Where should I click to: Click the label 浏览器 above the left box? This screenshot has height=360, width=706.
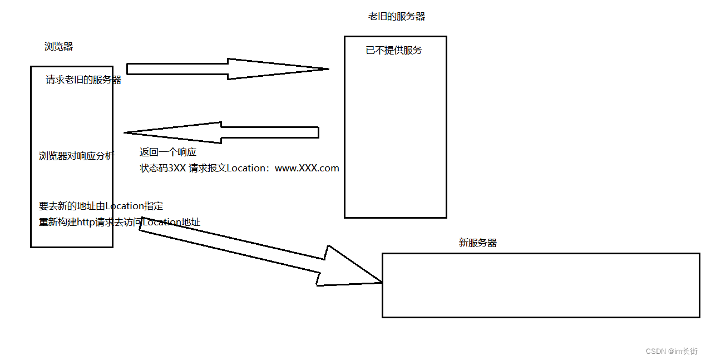pos(58,47)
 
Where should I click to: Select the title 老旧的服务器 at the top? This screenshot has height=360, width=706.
pos(396,17)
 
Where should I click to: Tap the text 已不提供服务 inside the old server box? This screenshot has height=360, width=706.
pos(394,51)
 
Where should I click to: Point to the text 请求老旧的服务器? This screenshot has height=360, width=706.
pos(83,80)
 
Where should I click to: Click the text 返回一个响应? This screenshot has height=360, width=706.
pos(167,152)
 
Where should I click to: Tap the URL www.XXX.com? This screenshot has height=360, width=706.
pos(307,168)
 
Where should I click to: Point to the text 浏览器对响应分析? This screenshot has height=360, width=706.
pos(76,156)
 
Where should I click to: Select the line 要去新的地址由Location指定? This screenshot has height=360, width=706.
pos(101,206)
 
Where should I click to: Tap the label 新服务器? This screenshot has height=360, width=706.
pos(477,243)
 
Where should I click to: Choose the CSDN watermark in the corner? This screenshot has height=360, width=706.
pos(671,351)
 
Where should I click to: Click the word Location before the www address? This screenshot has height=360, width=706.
pos(247,168)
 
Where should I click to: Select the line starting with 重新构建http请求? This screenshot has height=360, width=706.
pos(119,223)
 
